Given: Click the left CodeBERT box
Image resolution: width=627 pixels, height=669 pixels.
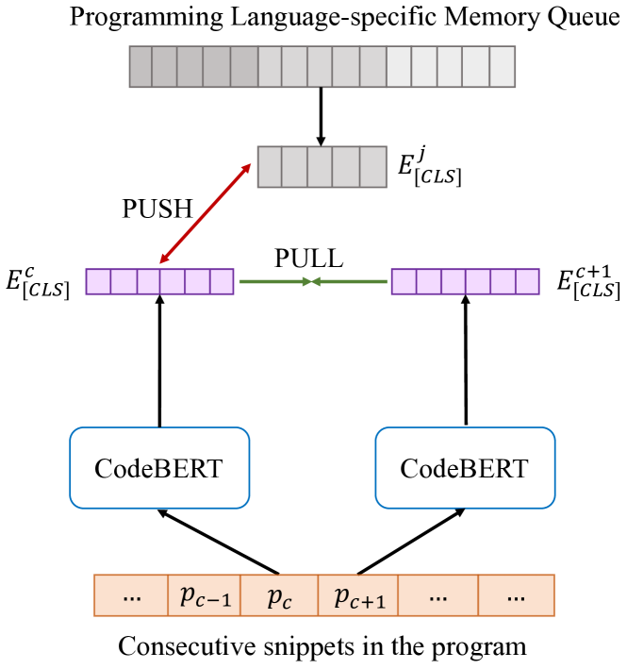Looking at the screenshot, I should (x=158, y=468).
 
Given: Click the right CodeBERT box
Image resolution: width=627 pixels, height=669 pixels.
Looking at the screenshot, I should (x=464, y=468).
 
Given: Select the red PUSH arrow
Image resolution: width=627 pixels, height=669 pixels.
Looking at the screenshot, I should (x=205, y=212).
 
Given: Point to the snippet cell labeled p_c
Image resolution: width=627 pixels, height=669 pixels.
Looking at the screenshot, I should (x=279, y=595).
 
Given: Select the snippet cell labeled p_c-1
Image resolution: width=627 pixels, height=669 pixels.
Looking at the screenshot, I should (x=205, y=595).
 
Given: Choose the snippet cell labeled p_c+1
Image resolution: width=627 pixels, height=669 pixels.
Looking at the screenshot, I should (x=357, y=595).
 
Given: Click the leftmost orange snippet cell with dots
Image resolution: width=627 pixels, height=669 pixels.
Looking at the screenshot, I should (x=131, y=595).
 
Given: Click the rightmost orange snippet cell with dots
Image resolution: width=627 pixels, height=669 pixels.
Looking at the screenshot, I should (x=515, y=595).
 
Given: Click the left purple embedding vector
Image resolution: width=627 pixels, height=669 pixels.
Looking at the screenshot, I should (x=159, y=281).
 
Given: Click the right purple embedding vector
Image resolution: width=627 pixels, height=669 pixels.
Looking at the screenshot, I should (x=465, y=281).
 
